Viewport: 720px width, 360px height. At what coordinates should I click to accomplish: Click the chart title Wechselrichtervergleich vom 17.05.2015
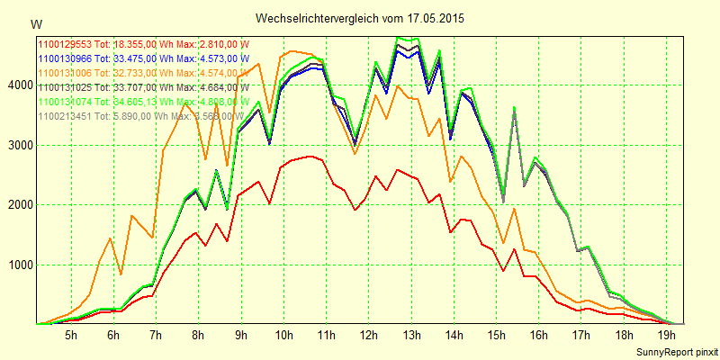coord(360,18)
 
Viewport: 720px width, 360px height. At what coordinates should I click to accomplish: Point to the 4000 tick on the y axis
coord(19,85)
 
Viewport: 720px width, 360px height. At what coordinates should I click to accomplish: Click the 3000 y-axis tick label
coord(19,145)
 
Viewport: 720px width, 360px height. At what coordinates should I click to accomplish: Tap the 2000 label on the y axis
coord(19,205)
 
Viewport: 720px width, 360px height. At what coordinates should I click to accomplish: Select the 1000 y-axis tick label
coord(19,265)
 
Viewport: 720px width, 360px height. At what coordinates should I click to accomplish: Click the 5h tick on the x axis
coord(71,336)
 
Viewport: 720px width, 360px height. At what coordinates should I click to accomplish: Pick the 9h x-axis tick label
coord(241,336)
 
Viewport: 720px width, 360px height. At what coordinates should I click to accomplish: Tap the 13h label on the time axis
coord(411,336)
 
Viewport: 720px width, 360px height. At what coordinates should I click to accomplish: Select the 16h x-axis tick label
coord(538,336)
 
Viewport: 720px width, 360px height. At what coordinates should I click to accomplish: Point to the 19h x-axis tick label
coord(666,336)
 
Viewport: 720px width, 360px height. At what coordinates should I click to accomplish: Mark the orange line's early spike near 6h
coord(111,238)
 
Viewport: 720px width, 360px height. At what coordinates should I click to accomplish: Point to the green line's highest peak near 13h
coord(398,37)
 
